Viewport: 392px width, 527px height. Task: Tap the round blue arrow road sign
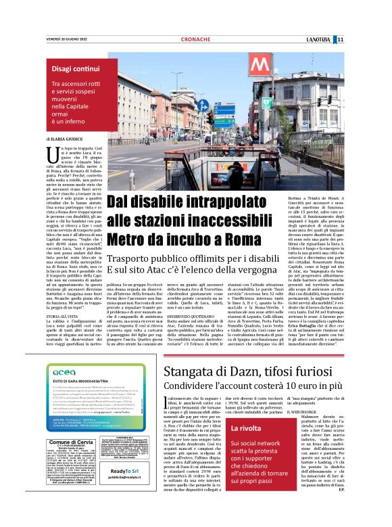(x=203, y=105)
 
